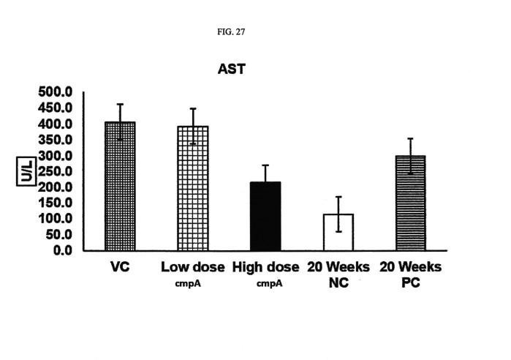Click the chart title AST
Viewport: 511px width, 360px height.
point(232,69)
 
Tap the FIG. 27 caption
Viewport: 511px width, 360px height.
point(231,32)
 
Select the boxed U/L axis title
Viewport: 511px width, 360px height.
point(26,171)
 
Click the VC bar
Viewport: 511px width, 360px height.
point(120,186)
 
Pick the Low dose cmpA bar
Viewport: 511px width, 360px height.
point(193,188)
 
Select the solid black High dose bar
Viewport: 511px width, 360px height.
point(265,216)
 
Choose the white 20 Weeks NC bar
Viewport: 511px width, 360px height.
point(338,232)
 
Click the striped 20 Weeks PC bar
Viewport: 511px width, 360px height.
point(411,203)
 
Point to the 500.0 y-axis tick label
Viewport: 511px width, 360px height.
point(55,92)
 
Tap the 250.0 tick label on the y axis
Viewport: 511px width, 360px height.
point(55,171)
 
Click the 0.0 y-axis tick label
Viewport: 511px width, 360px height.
point(63,250)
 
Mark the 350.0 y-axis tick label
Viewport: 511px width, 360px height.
point(55,140)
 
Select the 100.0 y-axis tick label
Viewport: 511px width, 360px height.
point(55,219)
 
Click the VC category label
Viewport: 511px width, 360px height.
point(120,267)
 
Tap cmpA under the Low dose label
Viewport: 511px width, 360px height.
point(188,284)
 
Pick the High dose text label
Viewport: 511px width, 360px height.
point(265,267)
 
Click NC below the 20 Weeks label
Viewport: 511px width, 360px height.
point(338,282)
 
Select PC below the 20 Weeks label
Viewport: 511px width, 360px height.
point(411,282)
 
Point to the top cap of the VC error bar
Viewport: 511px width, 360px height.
point(120,104)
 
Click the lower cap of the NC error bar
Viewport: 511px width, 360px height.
point(338,231)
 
